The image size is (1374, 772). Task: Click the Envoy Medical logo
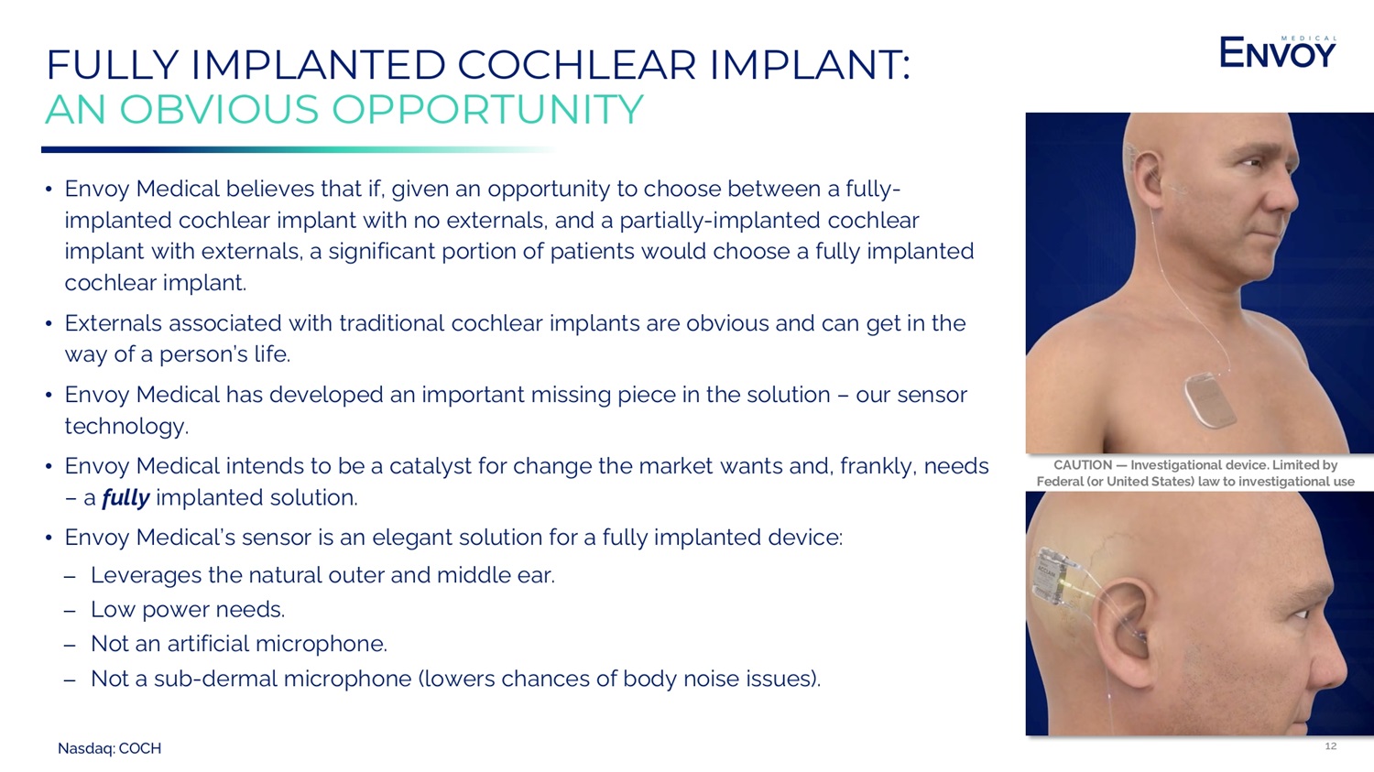(1277, 51)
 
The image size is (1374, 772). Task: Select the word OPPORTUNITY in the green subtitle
(487, 110)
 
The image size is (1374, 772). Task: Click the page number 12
(1330, 745)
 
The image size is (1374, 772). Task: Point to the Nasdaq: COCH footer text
(109, 749)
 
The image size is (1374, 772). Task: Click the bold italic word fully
(125, 498)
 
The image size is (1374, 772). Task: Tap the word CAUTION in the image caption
(1083, 465)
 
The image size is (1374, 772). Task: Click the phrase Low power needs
(188, 610)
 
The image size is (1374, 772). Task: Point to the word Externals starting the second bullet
(113, 323)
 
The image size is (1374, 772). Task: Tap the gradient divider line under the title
(299, 149)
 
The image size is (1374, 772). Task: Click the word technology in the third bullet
(126, 427)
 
